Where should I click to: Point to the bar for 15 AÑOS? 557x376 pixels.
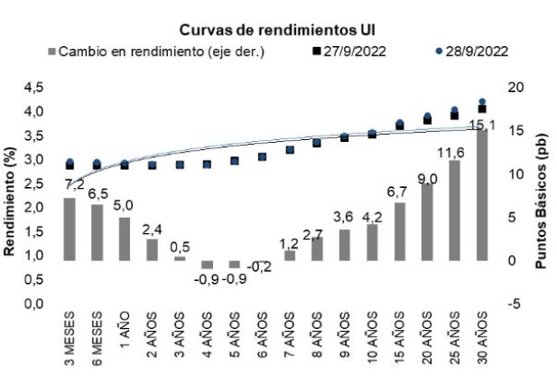(x=401, y=231)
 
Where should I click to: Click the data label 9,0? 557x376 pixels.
(x=428, y=177)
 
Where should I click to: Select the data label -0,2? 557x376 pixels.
(x=262, y=267)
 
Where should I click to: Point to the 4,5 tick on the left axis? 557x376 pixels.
(x=32, y=88)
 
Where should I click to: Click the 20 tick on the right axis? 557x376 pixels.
(x=515, y=88)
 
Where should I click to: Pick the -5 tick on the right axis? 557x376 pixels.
(x=515, y=304)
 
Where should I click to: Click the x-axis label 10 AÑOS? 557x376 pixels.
(x=374, y=336)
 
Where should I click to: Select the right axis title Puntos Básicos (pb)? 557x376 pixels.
(x=543, y=194)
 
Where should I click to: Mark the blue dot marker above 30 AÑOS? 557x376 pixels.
(x=484, y=102)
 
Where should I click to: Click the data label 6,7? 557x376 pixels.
(x=401, y=193)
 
